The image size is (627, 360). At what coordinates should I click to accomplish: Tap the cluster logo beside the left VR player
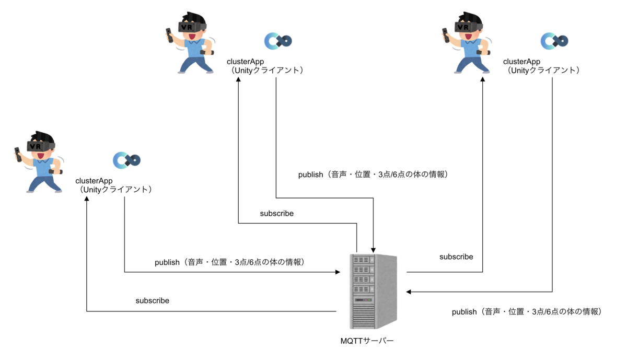(x=127, y=159)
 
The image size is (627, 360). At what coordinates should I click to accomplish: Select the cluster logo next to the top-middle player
(x=278, y=40)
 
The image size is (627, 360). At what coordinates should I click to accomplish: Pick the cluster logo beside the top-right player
(x=554, y=40)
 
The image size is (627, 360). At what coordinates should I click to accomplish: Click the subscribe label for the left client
(x=152, y=300)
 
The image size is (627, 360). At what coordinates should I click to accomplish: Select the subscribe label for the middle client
(x=276, y=213)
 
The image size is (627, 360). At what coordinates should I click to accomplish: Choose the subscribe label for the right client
(x=456, y=257)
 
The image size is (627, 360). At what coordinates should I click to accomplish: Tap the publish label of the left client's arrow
(x=229, y=262)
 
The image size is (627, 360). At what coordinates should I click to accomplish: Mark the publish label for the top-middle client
(x=373, y=175)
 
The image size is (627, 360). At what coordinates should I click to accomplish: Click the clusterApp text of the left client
(x=98, y=181)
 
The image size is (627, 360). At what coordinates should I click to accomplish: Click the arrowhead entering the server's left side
(x=337, y=272)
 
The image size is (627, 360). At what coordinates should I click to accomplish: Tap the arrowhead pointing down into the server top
(x=374, y=249)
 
